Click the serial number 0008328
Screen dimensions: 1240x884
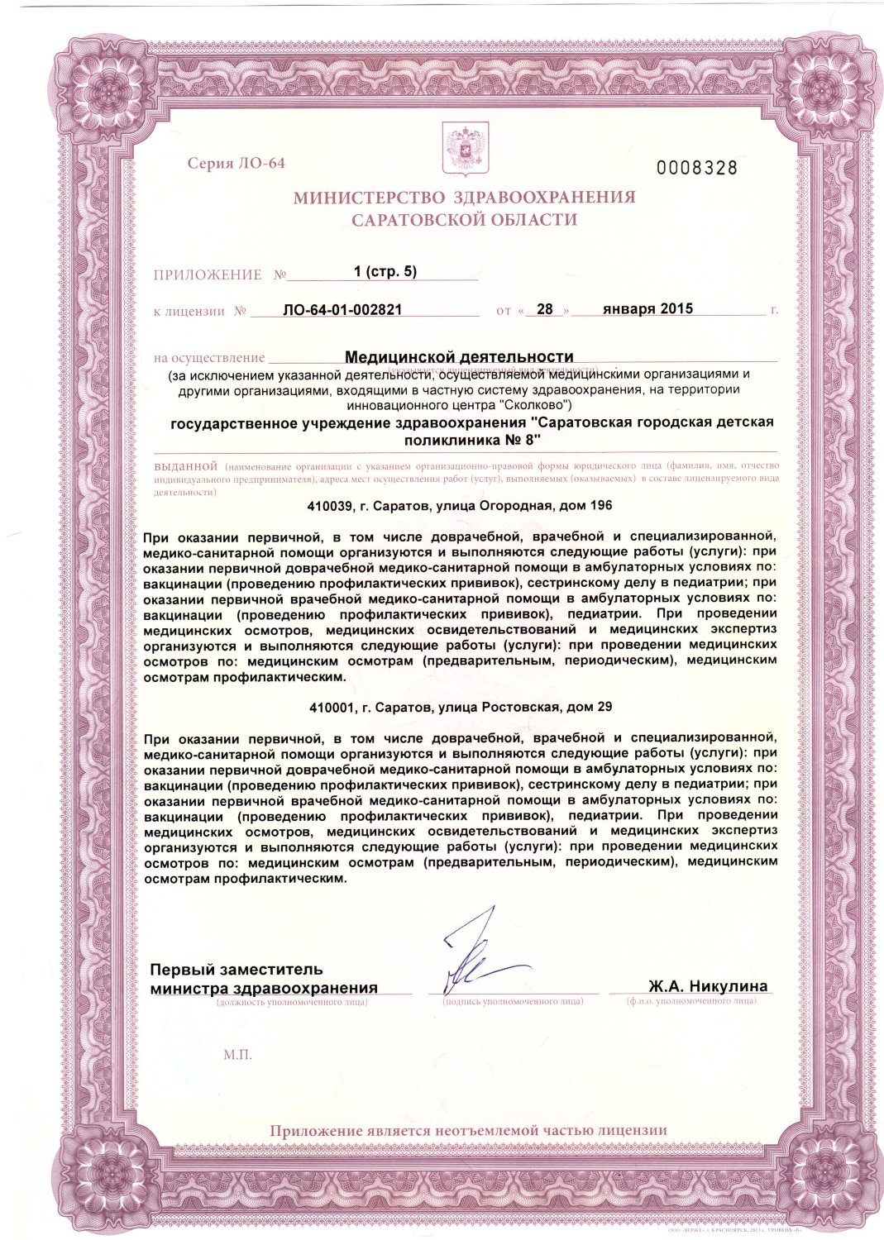coord(696,168)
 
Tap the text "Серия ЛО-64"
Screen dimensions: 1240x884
coord(236,163)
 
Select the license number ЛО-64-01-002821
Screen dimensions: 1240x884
coord(342,310)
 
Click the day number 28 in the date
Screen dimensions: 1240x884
coord(544,309)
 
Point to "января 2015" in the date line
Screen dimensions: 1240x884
coord(647,308)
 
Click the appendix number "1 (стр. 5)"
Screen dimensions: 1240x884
coord(385,271)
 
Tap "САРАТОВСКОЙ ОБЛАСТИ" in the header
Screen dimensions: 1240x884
coord(464,220)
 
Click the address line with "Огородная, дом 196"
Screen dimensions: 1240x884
coord(460,505)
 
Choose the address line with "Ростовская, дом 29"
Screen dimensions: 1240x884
coord(460,707)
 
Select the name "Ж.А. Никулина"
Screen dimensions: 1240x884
coord(708,985)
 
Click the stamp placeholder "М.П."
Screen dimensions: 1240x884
coord(237,1055)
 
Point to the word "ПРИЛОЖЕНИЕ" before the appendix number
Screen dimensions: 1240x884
coord(207,274)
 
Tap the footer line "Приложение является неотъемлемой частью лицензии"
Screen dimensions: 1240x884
coord(468,1131)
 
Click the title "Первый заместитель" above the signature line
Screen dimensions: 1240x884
coord(237,969)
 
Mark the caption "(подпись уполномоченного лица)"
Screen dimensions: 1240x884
coord(513,1001)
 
